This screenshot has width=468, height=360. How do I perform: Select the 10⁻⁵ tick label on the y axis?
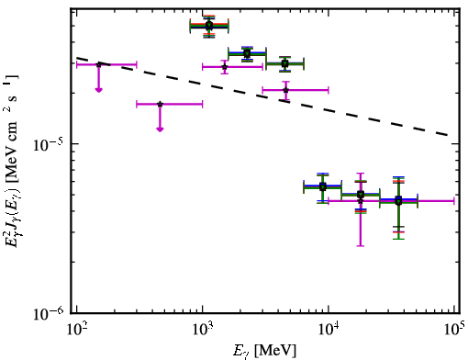click(49, 144)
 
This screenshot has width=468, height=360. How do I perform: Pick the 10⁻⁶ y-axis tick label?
click(49, 313)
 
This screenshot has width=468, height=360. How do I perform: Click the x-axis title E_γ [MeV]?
click(265, 350)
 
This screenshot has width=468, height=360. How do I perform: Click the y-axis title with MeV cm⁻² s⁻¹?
click(11, 161)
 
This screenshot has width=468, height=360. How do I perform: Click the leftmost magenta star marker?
click(98, 64)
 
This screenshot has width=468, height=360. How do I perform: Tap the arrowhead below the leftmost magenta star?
click(98, 90)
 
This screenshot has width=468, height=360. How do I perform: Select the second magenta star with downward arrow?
click(160, 104)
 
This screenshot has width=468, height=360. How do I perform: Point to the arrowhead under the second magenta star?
click(160, 129)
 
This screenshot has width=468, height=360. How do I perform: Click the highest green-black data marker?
click(209, 26)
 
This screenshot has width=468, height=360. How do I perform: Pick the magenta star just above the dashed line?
click(286, 90)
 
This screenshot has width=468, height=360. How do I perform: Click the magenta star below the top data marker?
click(225, 67)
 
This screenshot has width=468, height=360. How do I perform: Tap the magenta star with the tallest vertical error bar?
click(361, 201)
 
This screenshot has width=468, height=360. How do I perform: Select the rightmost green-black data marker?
click(398, 201)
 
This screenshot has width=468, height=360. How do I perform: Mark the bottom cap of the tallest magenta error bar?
click(361, 245)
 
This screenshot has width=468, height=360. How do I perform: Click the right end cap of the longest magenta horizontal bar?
click(454, 201)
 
